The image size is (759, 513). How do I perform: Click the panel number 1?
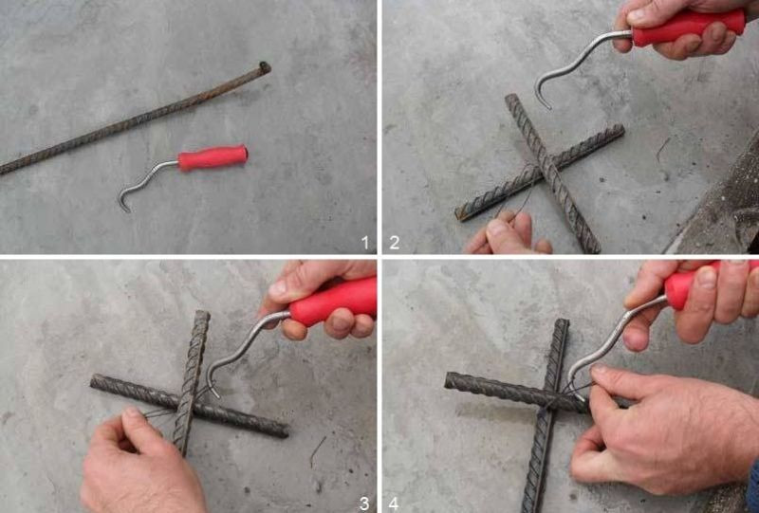click(x=365, y=242)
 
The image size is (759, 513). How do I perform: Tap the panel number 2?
click(x=395, y=242)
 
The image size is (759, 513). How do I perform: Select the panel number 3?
click(x=364, y=503)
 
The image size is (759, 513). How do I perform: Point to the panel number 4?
click(x=394, y=504)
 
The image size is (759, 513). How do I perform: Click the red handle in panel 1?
click(x=213, y=157)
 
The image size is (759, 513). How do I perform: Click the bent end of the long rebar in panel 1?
click(x=265, y=67)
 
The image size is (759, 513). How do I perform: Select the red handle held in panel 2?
click(x=687, y=27)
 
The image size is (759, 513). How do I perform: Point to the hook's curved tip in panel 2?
click(x=547, y=105)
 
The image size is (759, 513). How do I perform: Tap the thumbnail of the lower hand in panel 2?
click(x=497, y=228)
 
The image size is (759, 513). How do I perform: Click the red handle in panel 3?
click(x=334, y=301)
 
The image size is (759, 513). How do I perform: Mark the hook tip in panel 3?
click(x=216, y=394)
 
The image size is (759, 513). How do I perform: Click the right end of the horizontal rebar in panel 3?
click(x=284, y=431)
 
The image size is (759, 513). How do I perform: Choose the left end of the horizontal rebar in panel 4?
click(x=450, y=380)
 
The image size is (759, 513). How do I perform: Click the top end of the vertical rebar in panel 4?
click(x=563, y=322)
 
